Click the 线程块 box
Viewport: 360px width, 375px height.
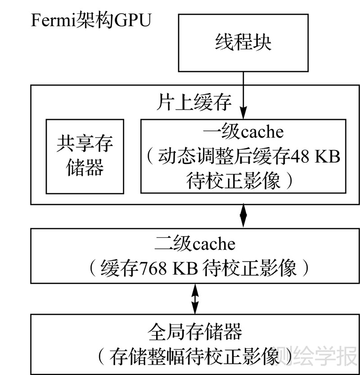[243, 43]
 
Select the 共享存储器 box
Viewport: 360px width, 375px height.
[85, 156]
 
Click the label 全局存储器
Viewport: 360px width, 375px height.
[194, 332]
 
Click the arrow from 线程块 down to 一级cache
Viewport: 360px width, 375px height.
[243, 94]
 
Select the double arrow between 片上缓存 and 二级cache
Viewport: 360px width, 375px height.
[243, 216]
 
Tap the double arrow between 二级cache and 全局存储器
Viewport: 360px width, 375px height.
[194, 299]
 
